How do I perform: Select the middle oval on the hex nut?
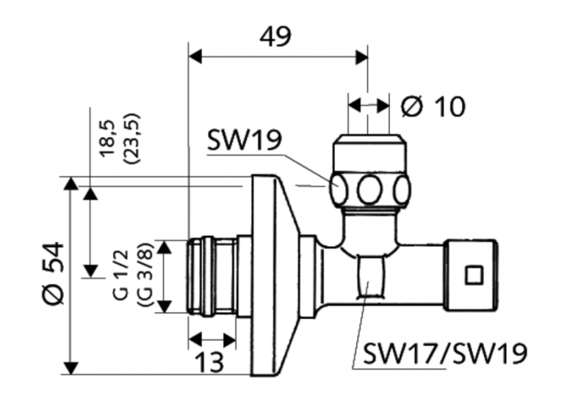coord(370,189)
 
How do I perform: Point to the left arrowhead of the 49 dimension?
coord(195,56)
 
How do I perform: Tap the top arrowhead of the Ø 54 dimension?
coord(71,183)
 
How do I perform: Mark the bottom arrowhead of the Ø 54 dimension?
coord(71,368)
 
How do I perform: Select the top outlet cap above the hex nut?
coord(370,152)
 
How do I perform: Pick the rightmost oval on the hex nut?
coord(402,189)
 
